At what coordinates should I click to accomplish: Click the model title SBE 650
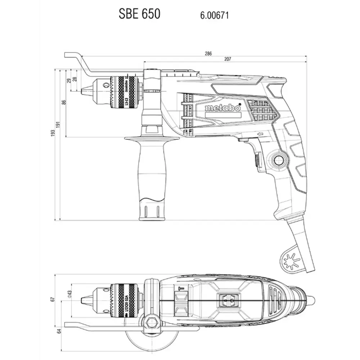coord(139,14)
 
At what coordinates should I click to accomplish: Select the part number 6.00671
coord(215,15)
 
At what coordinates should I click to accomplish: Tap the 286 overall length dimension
coord(208,53)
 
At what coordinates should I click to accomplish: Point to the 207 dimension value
coord(227,59)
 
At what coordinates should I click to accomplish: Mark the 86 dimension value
coord(64,102)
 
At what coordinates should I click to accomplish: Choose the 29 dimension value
coord(69,80)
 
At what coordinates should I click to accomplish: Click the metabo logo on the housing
coord(223,108)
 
